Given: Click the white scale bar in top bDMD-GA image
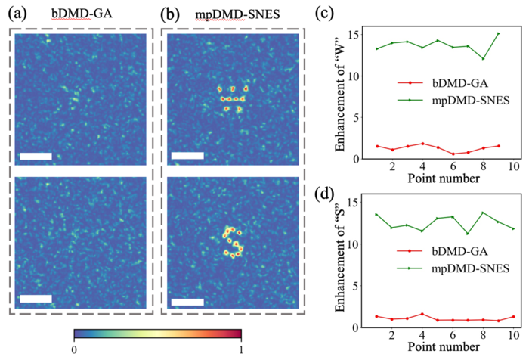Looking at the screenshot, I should pyautogui.click(x=36, y=157).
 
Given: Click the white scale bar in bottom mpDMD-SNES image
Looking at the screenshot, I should pyautogui.click(x=187, y=303).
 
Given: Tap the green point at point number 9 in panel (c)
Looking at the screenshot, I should pyautogui.click(x=498, y=33).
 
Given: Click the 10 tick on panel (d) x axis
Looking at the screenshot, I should pyautogui.click(x=514, y=335).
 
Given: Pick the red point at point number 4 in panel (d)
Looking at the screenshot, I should pyautogui.click(x=423, y=314).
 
